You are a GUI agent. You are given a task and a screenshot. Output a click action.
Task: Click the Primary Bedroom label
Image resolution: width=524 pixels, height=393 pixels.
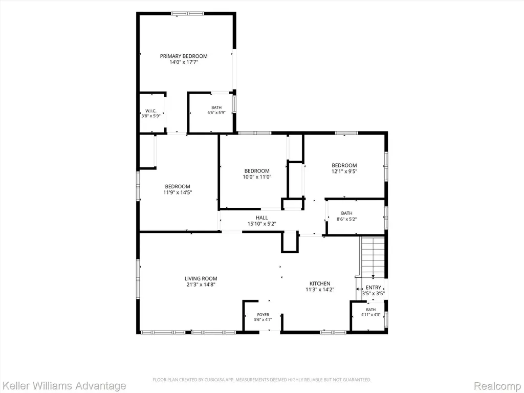(x=184, y=56)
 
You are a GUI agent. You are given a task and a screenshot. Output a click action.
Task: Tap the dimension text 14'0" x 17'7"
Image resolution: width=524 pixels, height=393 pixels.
(x=184, y=62)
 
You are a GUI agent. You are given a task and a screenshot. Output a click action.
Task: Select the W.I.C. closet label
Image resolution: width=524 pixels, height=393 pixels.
(x=151, y=111)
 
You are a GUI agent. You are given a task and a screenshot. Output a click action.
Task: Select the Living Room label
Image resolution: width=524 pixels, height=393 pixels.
(x=201, y=278)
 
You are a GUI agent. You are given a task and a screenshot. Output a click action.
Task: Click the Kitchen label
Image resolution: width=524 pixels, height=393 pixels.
(x=320, y=283)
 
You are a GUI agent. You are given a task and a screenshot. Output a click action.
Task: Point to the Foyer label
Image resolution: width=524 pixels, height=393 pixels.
(x=263, y=315)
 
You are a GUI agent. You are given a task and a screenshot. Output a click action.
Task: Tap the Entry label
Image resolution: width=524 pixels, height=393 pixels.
(x=373, y=288)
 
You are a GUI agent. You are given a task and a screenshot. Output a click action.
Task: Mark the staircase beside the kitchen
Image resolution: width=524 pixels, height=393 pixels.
(x=373, y=257)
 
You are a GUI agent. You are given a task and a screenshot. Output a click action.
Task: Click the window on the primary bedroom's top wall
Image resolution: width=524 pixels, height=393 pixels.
(x=187, y=13)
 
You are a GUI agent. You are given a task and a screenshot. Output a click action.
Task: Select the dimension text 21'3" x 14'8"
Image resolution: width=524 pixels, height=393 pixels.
(x=201, y=285)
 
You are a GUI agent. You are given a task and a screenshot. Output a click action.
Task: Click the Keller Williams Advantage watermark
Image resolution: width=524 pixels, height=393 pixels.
(x=63, y=386)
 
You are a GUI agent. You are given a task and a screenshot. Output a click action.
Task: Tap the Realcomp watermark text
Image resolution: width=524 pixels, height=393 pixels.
(x=498, y=386)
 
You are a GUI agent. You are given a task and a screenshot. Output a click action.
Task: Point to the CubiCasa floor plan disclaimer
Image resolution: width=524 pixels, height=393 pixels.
(x=261, y=380)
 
